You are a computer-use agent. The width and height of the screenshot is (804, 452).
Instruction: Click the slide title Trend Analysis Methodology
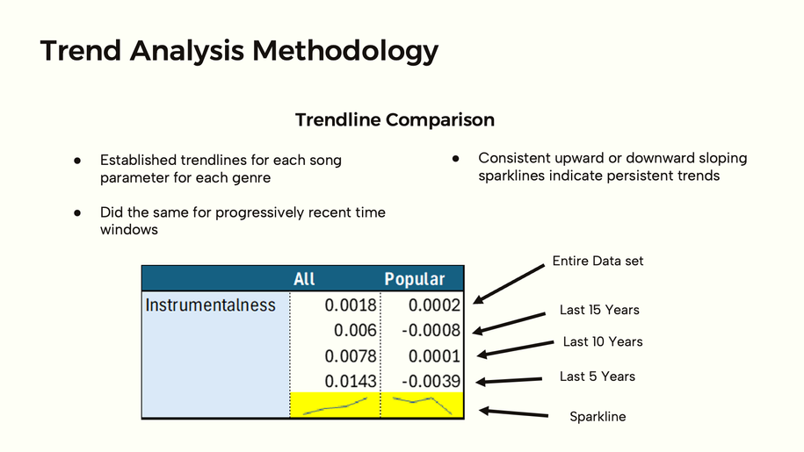240,51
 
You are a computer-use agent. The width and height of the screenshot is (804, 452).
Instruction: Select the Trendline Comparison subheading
395,119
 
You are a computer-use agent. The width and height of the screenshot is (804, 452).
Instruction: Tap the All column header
304,279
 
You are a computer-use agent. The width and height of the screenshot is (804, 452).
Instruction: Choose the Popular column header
415,279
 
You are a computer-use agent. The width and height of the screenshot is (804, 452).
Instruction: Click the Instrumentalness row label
210,305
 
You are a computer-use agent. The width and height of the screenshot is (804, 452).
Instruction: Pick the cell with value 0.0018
351,305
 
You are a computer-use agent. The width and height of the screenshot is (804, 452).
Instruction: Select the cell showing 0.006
355,330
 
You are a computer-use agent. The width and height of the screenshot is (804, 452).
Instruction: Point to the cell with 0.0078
351,355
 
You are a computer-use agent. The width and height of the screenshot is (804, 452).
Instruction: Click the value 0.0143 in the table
351,381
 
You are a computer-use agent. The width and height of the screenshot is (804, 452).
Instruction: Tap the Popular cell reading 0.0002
434,305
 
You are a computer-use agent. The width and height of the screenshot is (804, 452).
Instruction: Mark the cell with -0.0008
431,330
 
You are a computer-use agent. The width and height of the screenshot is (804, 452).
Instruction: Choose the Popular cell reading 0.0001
434,355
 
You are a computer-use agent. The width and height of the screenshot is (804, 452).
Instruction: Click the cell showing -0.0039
431,381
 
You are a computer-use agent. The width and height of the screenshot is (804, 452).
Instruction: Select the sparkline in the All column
336,407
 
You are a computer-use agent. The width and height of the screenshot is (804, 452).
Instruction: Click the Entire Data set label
598,261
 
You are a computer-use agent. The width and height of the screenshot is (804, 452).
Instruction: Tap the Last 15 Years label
599,310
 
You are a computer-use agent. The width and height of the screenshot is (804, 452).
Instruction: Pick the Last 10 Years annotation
603,341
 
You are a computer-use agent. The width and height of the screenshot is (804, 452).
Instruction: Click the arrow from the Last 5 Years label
509,380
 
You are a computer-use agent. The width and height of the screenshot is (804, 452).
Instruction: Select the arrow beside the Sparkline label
513,413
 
